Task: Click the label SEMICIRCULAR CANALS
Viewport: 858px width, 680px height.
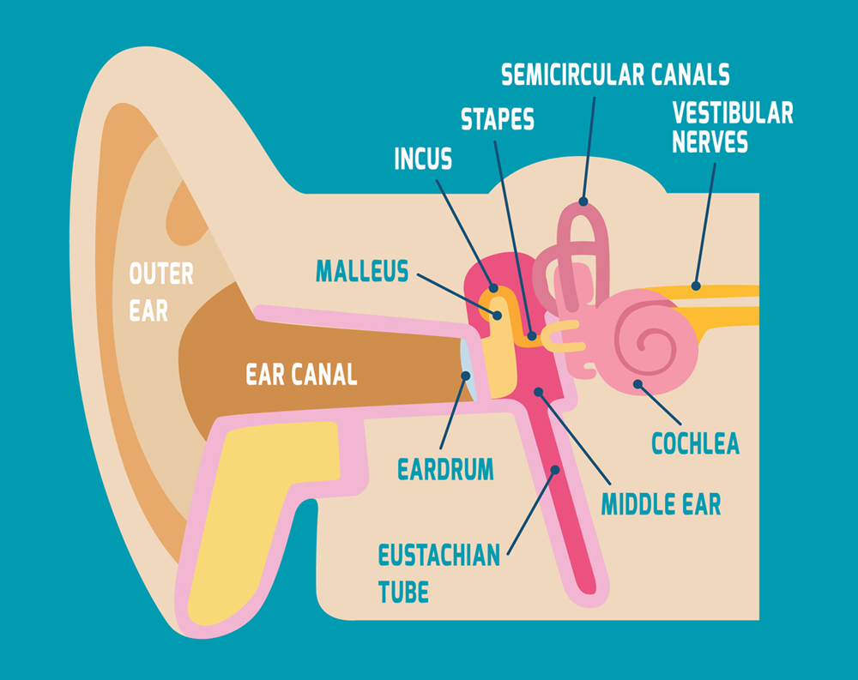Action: click(615, 74)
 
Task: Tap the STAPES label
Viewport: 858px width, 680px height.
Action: click(498, 119)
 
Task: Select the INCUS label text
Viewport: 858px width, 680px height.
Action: click(423, 159)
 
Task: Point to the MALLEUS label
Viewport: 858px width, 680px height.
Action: click(362, 272)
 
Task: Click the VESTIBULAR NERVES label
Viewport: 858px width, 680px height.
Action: click(732, 127)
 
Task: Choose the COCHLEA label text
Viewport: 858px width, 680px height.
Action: click(695, 443)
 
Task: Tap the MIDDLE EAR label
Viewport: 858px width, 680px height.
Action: click(661, 503)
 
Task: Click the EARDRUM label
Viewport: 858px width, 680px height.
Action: click(445, 469)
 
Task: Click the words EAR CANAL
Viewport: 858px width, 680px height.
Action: click(301, 375)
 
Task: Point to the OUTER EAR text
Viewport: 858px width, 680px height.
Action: click(161, 292)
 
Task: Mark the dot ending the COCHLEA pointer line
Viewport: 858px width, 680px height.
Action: click(637, 383)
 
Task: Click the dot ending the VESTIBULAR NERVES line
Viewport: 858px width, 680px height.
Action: click(696, 286)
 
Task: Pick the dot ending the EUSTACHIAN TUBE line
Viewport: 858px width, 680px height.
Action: click(555, 470)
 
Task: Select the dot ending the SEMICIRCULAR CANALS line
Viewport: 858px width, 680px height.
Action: click(583, 202)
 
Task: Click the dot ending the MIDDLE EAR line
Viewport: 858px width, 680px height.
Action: click(539, 392)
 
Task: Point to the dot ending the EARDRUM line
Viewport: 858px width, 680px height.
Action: click(466, 375)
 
